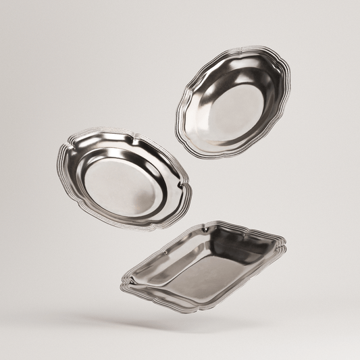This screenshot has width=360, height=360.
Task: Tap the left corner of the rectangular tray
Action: [122, 282]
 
